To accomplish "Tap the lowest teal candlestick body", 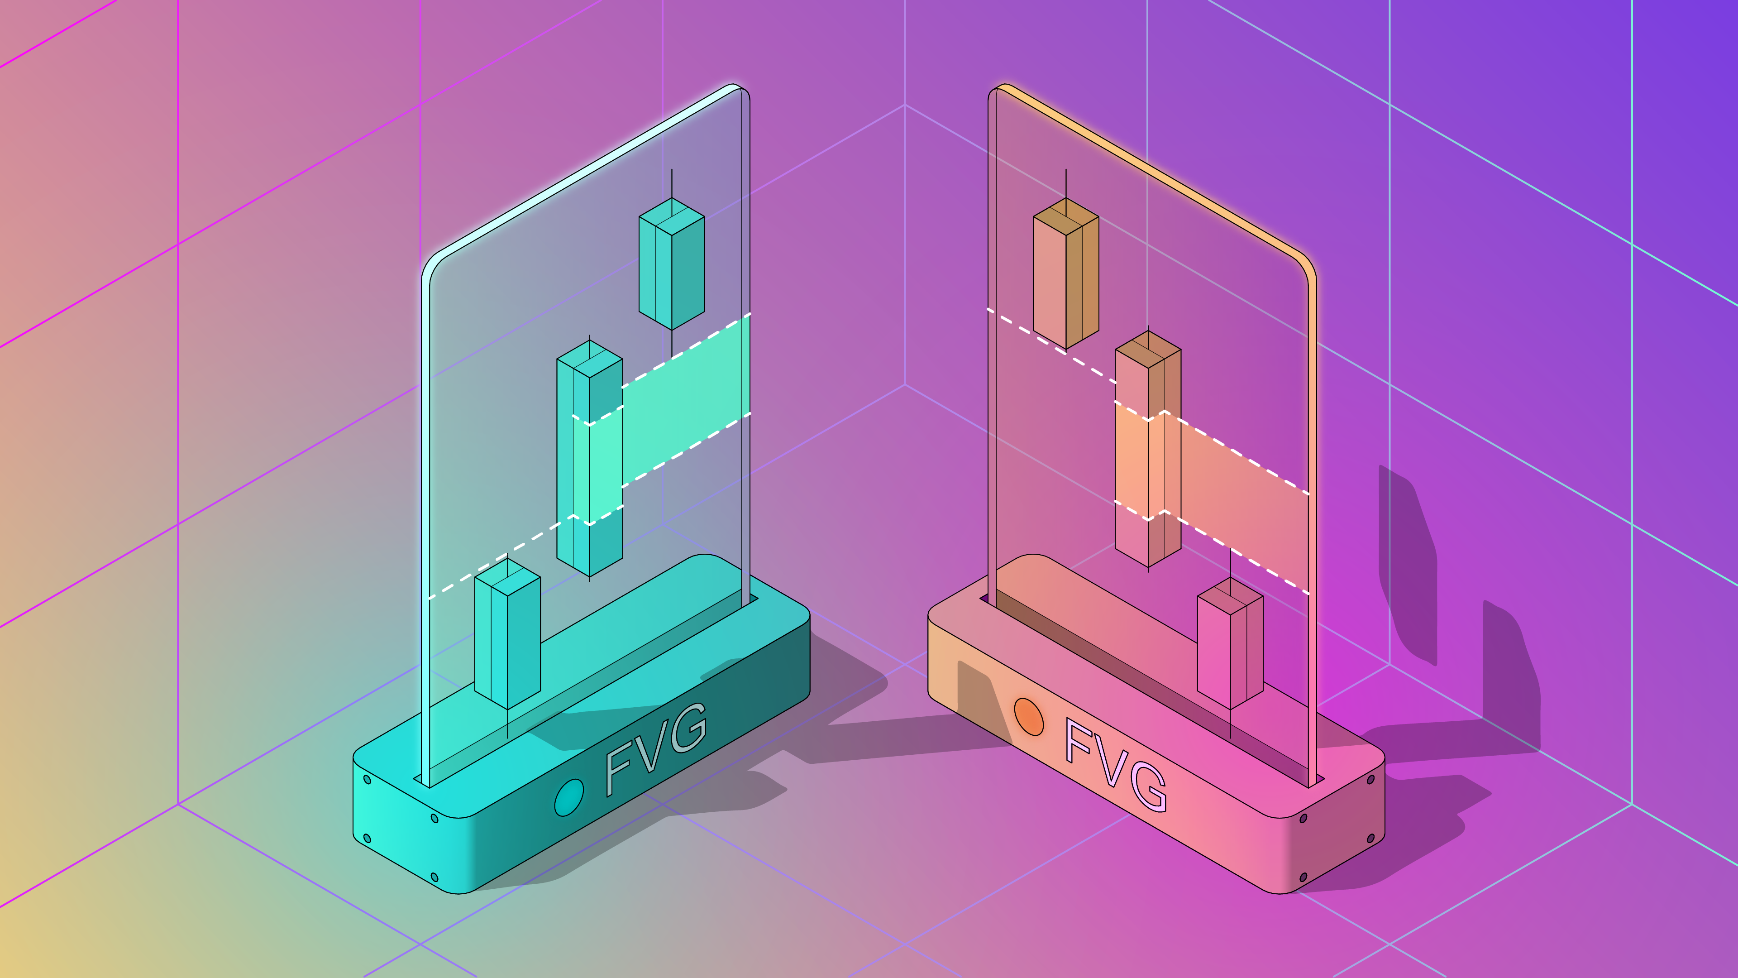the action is (x=507, y=633).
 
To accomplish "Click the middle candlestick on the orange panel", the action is (x=1148, y=449).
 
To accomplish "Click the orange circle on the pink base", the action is (x=1029, y=716).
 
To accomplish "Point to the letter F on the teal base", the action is (x=619, y=767).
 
